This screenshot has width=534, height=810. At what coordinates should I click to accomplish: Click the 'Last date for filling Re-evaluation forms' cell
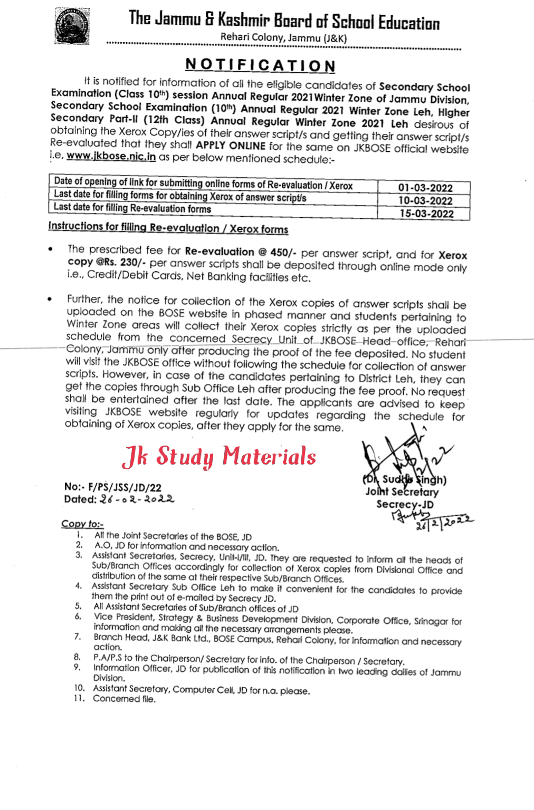point(132,209)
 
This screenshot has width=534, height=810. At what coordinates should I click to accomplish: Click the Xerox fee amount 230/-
point(114,262)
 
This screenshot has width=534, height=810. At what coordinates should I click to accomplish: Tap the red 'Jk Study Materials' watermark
point(218,457)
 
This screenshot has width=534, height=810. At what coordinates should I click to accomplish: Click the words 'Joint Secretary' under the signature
point(402,493)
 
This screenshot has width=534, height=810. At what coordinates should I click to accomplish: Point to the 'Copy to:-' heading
point(82,524)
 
